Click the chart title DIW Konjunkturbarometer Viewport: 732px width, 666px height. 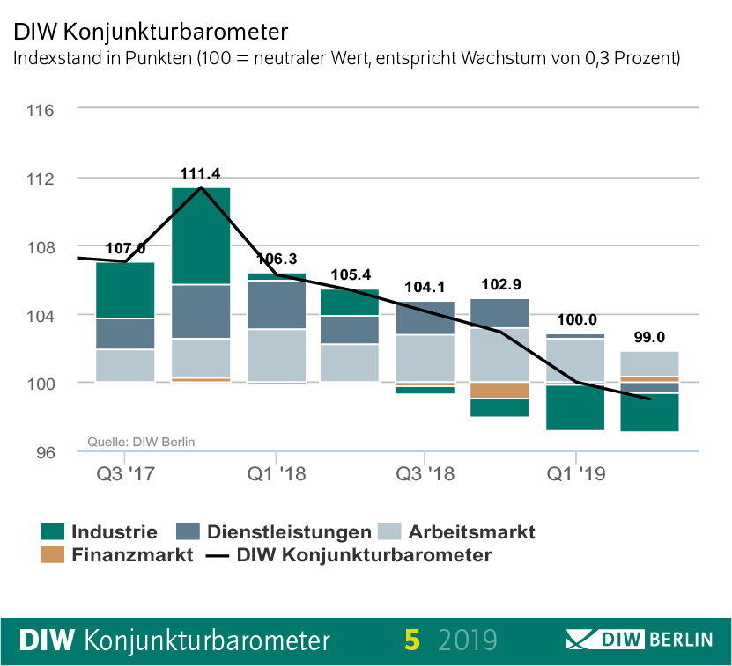pyautogui.click(x=150, y=33)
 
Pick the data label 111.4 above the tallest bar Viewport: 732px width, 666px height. pyautogui.click(x=201, y=173)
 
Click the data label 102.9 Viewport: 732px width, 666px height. pyautogui.click(x=500, y=285)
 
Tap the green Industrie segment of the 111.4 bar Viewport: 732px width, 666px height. pyautogui.click(x=201, y=236)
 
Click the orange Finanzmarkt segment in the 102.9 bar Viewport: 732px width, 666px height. pyautogui.click(x=500, y=390)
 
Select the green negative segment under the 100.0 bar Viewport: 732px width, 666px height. pyautogui.click(x=575, y=407)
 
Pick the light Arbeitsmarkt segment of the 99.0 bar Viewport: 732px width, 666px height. pyautogui.click(x=650, y=363)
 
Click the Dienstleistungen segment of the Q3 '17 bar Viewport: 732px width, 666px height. pyautogui.click(x=126, y=333)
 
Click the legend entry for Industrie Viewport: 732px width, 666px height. pyautogui.click(x=99, y=531)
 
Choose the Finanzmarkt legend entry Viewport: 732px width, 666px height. pyautogui.click(x=116, y=555)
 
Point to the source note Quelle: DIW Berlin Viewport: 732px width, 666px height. pyautogui.click(x=141, y=442)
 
